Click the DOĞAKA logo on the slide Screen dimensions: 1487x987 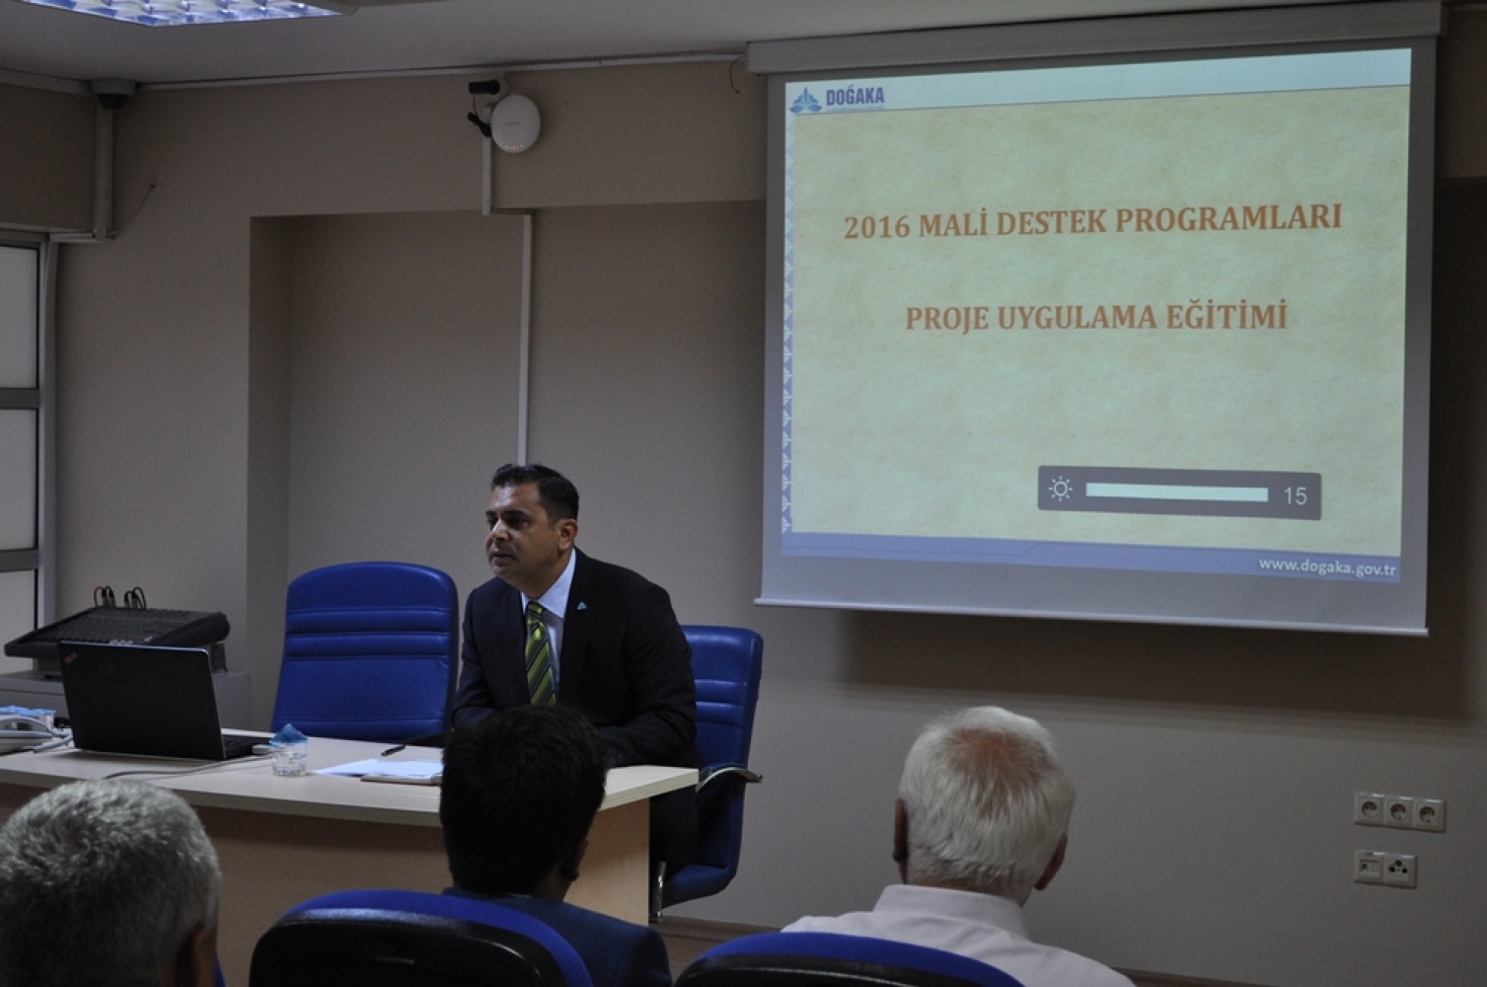[838, 100]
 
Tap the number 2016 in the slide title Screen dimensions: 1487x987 [876, 227]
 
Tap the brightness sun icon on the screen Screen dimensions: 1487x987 [1060, 490]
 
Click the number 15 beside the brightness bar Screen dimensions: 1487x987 [1295, 495]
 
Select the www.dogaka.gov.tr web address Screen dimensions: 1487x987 [1327, 568]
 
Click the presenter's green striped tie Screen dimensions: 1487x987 [540, 653]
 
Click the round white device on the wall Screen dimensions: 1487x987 [514, 123]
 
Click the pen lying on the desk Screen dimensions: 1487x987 [395, 749]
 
